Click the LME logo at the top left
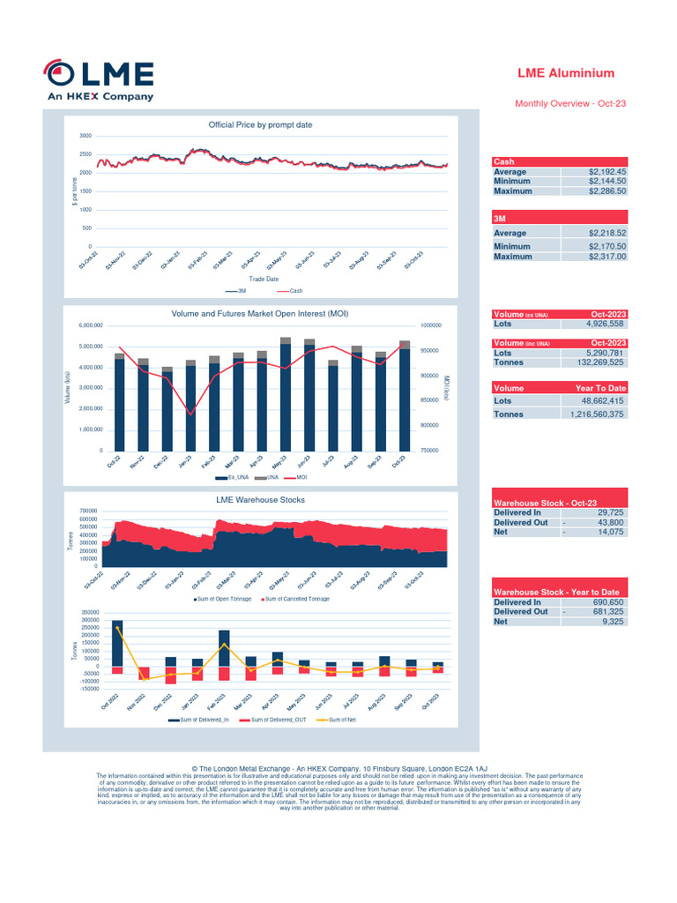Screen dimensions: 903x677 [x=100, y=81]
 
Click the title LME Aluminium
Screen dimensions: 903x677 [x=565, y=73]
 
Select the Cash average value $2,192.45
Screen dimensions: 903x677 [x=606, y=172]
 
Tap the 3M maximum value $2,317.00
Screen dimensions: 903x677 [x=606, y=257]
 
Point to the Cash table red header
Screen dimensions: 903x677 [x=559, y=162]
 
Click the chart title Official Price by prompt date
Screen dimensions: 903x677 [x=260, y=125]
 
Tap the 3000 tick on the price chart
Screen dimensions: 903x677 [x=85, y=136]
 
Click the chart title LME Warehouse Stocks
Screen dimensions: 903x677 [x=260, y=499]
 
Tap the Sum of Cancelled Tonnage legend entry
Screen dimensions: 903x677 [x=296, y=599]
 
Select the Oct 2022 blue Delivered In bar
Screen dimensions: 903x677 [x=117, y=643]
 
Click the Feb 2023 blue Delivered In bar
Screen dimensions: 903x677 [x=224, y=648]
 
